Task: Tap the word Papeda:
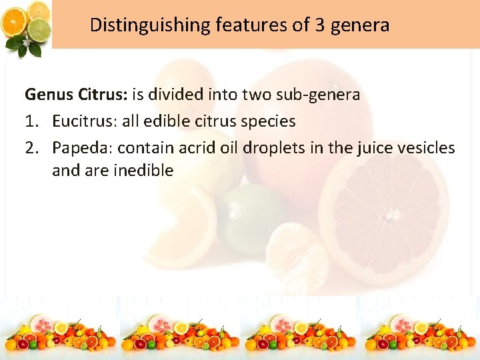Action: (x=82, y=147)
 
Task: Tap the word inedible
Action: (x=143, y=171)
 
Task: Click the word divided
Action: (x=178, y=95)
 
